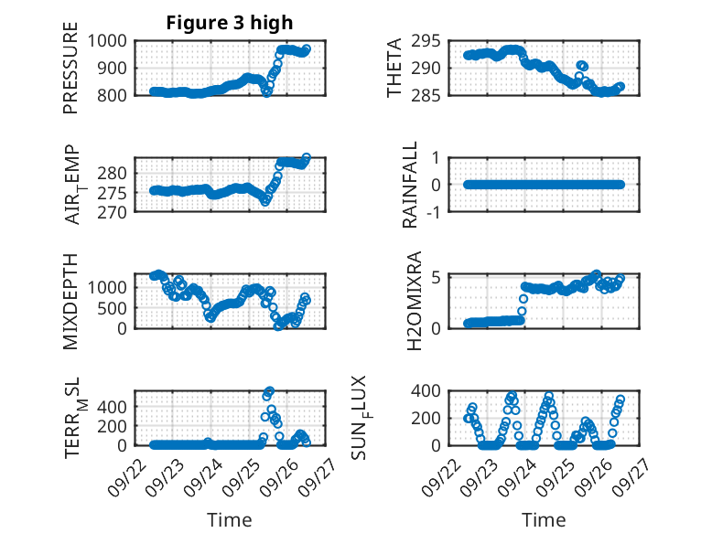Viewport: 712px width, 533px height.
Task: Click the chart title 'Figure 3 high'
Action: click(230, 23)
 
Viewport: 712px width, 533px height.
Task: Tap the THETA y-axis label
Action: click(394, 67)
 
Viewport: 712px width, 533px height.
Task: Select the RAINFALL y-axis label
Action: click(410, 185)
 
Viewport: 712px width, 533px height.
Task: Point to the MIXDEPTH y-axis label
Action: click(70, 301)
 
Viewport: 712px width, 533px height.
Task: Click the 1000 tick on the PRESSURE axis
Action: click(112, 40)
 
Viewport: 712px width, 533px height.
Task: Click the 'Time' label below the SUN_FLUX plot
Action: click(544, 519)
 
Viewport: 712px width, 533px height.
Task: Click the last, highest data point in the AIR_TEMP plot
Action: click(307, 157)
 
